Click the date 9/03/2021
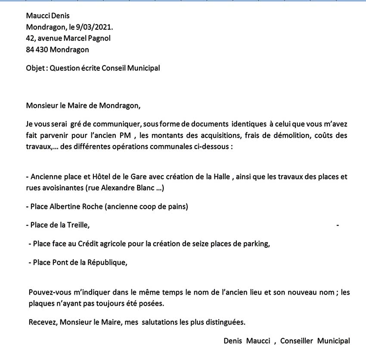tap(97, 27)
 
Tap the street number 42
tap(30, 38)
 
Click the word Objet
tap(35, 68)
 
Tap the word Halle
tap(221, 177)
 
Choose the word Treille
tap(78, 225)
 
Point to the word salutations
tap(162, 322)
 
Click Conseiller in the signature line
tap(297, 341)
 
